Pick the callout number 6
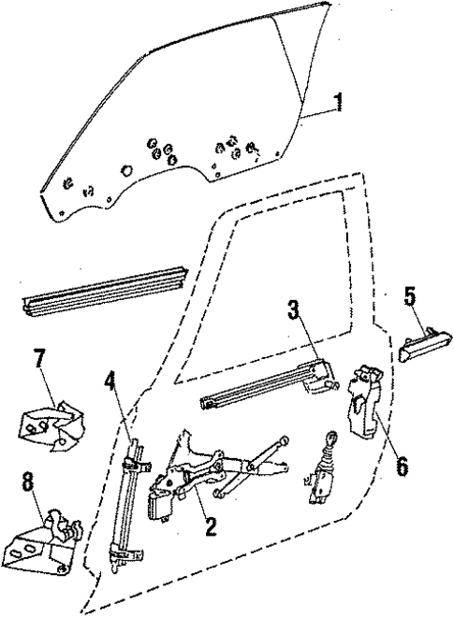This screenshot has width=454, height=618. click(402, 463)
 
